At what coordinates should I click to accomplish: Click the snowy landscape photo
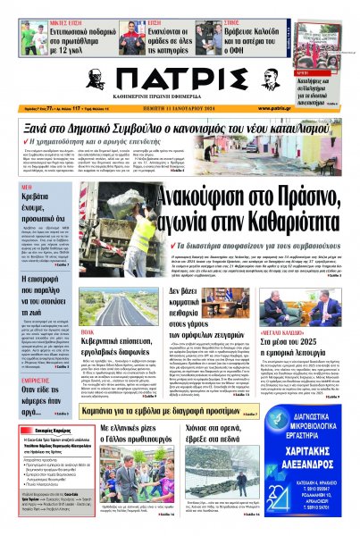click(218, 482)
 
